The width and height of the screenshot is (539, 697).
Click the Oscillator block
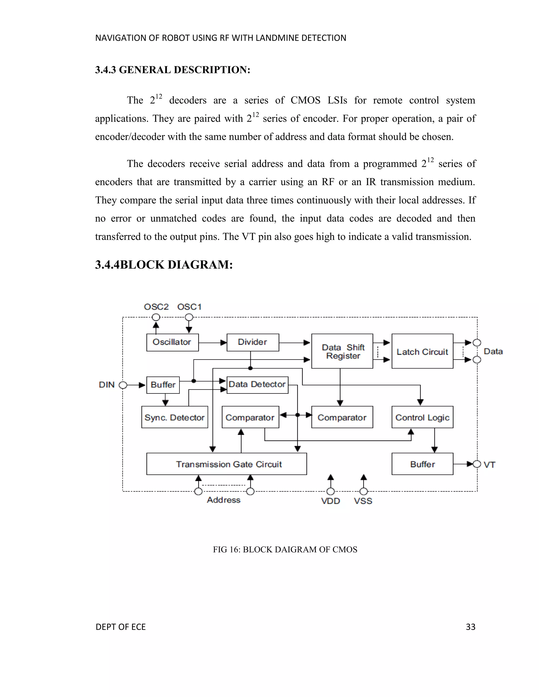172,342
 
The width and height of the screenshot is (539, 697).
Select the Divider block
253,342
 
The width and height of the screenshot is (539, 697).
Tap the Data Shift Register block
342,351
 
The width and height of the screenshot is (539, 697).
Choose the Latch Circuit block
422,351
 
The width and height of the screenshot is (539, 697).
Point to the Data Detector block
257,385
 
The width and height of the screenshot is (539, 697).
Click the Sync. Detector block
174,417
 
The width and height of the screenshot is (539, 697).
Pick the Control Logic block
422,417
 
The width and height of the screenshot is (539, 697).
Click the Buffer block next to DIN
163,385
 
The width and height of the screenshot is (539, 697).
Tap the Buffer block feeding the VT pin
422,464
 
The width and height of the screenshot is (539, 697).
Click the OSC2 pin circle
156,317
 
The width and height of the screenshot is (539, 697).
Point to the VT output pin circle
477,464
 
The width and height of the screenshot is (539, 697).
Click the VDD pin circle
331,491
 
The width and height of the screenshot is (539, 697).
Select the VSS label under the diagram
363,501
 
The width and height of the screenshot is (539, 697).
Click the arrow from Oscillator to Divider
212,342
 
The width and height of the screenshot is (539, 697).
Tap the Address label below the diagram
223,500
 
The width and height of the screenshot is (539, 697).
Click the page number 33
470,627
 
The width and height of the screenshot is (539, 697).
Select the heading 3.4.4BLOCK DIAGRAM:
164,265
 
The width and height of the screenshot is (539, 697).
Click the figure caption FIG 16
285,549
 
